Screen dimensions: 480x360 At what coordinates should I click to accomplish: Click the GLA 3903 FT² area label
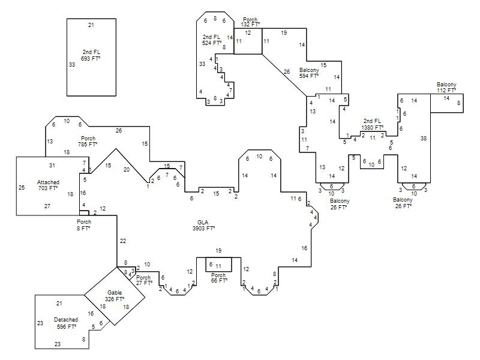point(203,226)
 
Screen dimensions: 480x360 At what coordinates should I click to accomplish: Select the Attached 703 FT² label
point(48,185)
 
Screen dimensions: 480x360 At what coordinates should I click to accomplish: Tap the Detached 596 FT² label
point(66,323)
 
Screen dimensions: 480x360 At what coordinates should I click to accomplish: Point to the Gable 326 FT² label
point(115,296)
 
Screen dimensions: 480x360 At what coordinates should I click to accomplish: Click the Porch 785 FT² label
point(88,141)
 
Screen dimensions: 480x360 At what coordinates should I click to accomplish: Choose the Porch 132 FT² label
point(250,22)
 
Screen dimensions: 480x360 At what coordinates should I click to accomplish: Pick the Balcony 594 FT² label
point(309,73)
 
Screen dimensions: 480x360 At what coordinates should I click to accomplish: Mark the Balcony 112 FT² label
point(446,87)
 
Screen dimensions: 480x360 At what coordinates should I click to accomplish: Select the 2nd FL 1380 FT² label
point(372,124)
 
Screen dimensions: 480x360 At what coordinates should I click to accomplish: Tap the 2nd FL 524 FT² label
point(212,40)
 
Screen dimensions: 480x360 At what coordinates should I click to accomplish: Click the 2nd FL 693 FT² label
point(91,55)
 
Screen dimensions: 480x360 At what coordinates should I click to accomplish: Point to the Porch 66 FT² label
point(219,278)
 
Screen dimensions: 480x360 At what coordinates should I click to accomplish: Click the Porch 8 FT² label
point(83,225)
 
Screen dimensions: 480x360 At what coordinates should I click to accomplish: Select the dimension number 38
point(424,139)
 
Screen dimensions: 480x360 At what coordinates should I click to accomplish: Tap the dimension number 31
point(52,166)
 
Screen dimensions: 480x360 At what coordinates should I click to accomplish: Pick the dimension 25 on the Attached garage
point(22,187)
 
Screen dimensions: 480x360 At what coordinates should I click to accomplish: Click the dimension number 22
point(123,241)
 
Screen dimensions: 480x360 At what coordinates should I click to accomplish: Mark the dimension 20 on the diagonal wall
point(127,170)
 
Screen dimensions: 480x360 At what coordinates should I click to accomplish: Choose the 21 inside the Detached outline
point(59,304)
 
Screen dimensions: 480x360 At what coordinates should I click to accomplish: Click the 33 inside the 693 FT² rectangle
point(72,65)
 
